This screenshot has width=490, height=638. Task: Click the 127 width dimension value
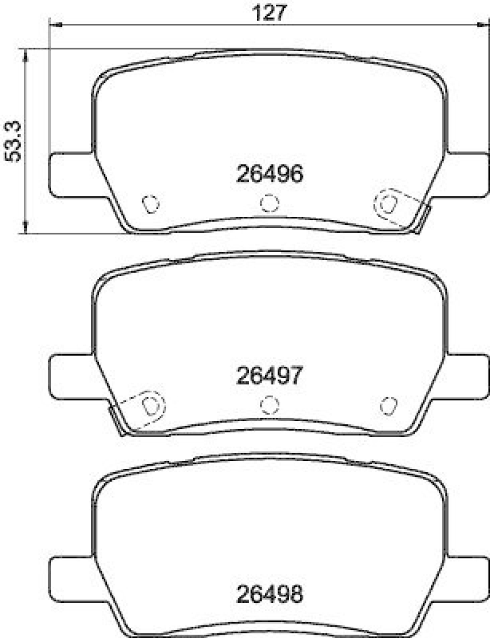point(270,13)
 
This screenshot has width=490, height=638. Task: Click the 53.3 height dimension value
point(13,142)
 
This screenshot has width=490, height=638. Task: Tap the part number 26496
point(270,174)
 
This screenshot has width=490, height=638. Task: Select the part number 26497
point(270,376)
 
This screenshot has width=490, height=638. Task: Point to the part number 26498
point(270,594)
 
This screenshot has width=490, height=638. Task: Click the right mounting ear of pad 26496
point(467,175)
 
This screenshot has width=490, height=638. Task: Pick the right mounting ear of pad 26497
point(467,376)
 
